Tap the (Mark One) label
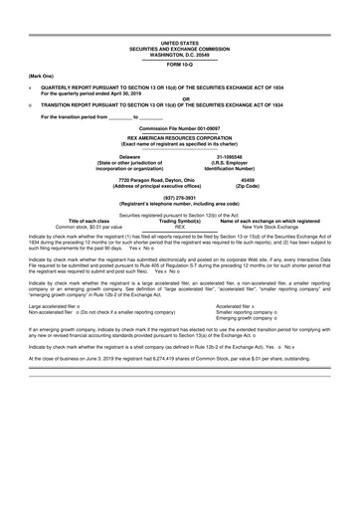(x=43, y=76)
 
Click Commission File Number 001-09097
(x=180, y=129)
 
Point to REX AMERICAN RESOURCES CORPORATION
(x=180, y=139)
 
